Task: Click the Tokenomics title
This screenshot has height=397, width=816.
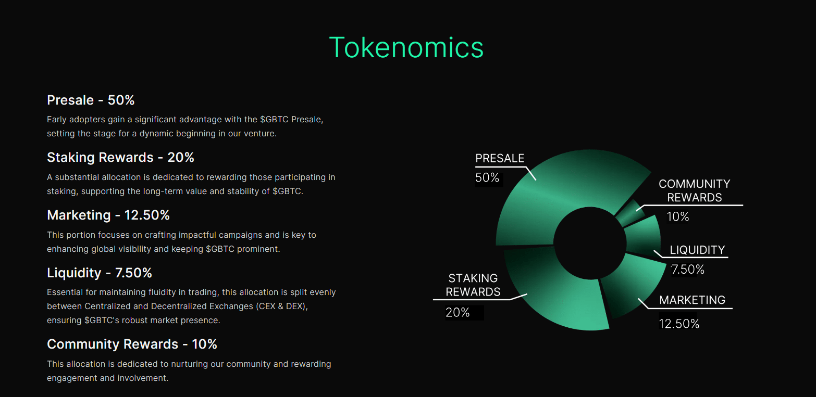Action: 406,47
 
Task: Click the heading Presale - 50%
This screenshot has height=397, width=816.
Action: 91,100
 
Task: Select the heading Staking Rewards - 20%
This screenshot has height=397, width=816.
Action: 120,157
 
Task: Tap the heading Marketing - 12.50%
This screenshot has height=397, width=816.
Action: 108,215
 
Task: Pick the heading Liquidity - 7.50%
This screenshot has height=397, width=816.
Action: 100,273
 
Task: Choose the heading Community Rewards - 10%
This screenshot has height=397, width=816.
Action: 132,344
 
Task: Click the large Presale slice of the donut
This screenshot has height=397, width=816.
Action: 552,193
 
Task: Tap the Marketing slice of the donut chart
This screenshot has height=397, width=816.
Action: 628,284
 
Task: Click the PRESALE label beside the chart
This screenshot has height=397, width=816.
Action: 500,158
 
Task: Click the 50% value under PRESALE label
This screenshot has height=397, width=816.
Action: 487,177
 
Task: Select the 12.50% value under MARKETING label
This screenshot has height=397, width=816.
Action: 679,324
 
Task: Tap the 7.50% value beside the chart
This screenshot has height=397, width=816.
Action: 688,270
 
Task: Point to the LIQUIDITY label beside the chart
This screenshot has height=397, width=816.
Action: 697,250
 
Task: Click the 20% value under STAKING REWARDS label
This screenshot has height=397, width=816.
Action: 458,312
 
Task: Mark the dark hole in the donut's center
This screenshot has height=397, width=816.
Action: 589,243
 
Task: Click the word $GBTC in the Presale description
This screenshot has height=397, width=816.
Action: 274,119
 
